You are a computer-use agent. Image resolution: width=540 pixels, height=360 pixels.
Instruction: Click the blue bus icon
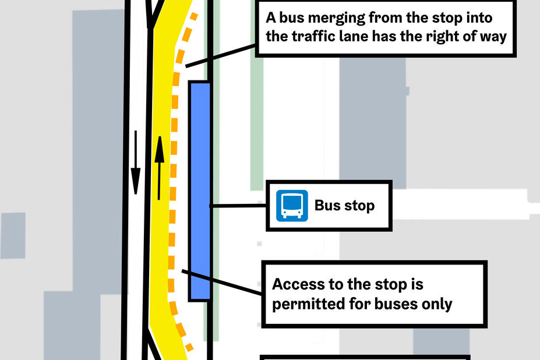point(292,206)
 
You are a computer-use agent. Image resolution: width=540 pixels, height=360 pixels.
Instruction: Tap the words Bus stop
point(344,206)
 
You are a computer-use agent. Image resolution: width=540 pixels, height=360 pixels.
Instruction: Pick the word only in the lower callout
point(437,304)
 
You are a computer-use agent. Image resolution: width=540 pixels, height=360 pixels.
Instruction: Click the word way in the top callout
point(488,36)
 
